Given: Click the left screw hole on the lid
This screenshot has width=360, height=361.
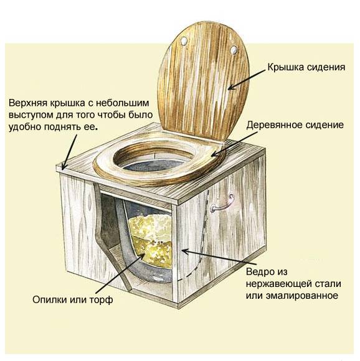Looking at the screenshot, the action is [x=184, y=41].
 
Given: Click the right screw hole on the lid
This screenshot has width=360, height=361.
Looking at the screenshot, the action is [x=234, y=50].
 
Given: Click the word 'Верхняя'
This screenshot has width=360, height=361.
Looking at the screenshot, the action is [x=28, y=103].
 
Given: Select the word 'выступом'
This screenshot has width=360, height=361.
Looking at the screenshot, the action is [x=31, y=115].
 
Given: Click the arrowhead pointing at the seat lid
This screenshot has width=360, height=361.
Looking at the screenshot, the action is [x=232, y=87].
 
